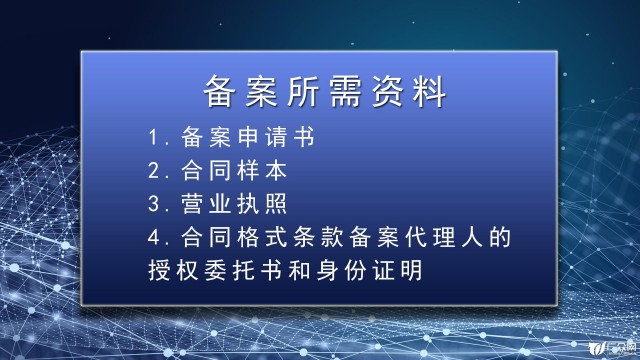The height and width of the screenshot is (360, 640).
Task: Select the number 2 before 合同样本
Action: click(150, 169)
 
